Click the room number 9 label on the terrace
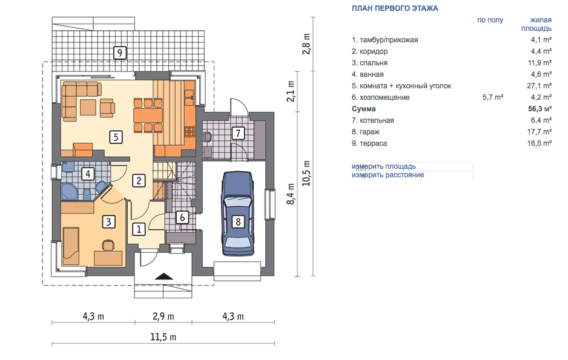(120, 53)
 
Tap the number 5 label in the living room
(116, 137)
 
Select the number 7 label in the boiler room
(238, 133)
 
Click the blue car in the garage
(237, 214)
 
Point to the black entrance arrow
(164, 276)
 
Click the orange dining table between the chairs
(148, 116)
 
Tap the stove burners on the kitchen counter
(190, 131)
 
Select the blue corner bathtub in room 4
(69, 192)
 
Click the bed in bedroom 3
(71, 246)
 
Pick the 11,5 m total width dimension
(163, 337)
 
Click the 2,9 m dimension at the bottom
(163, 316)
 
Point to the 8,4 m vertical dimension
(291, 194)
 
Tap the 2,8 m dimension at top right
(306, 44)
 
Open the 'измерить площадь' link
(384, 166)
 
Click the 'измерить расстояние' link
(388, 175)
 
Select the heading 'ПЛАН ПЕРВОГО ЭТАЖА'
(395, 8)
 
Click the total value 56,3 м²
(540, 109)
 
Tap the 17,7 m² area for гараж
(540, 132)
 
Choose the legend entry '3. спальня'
(369, 63)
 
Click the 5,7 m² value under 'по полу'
(493, 97)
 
